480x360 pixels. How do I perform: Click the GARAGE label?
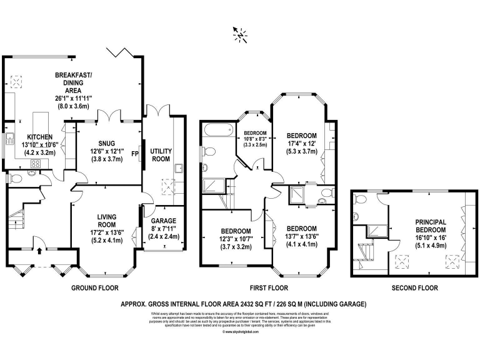(163, 221)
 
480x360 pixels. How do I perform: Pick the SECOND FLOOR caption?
(415, 289)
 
